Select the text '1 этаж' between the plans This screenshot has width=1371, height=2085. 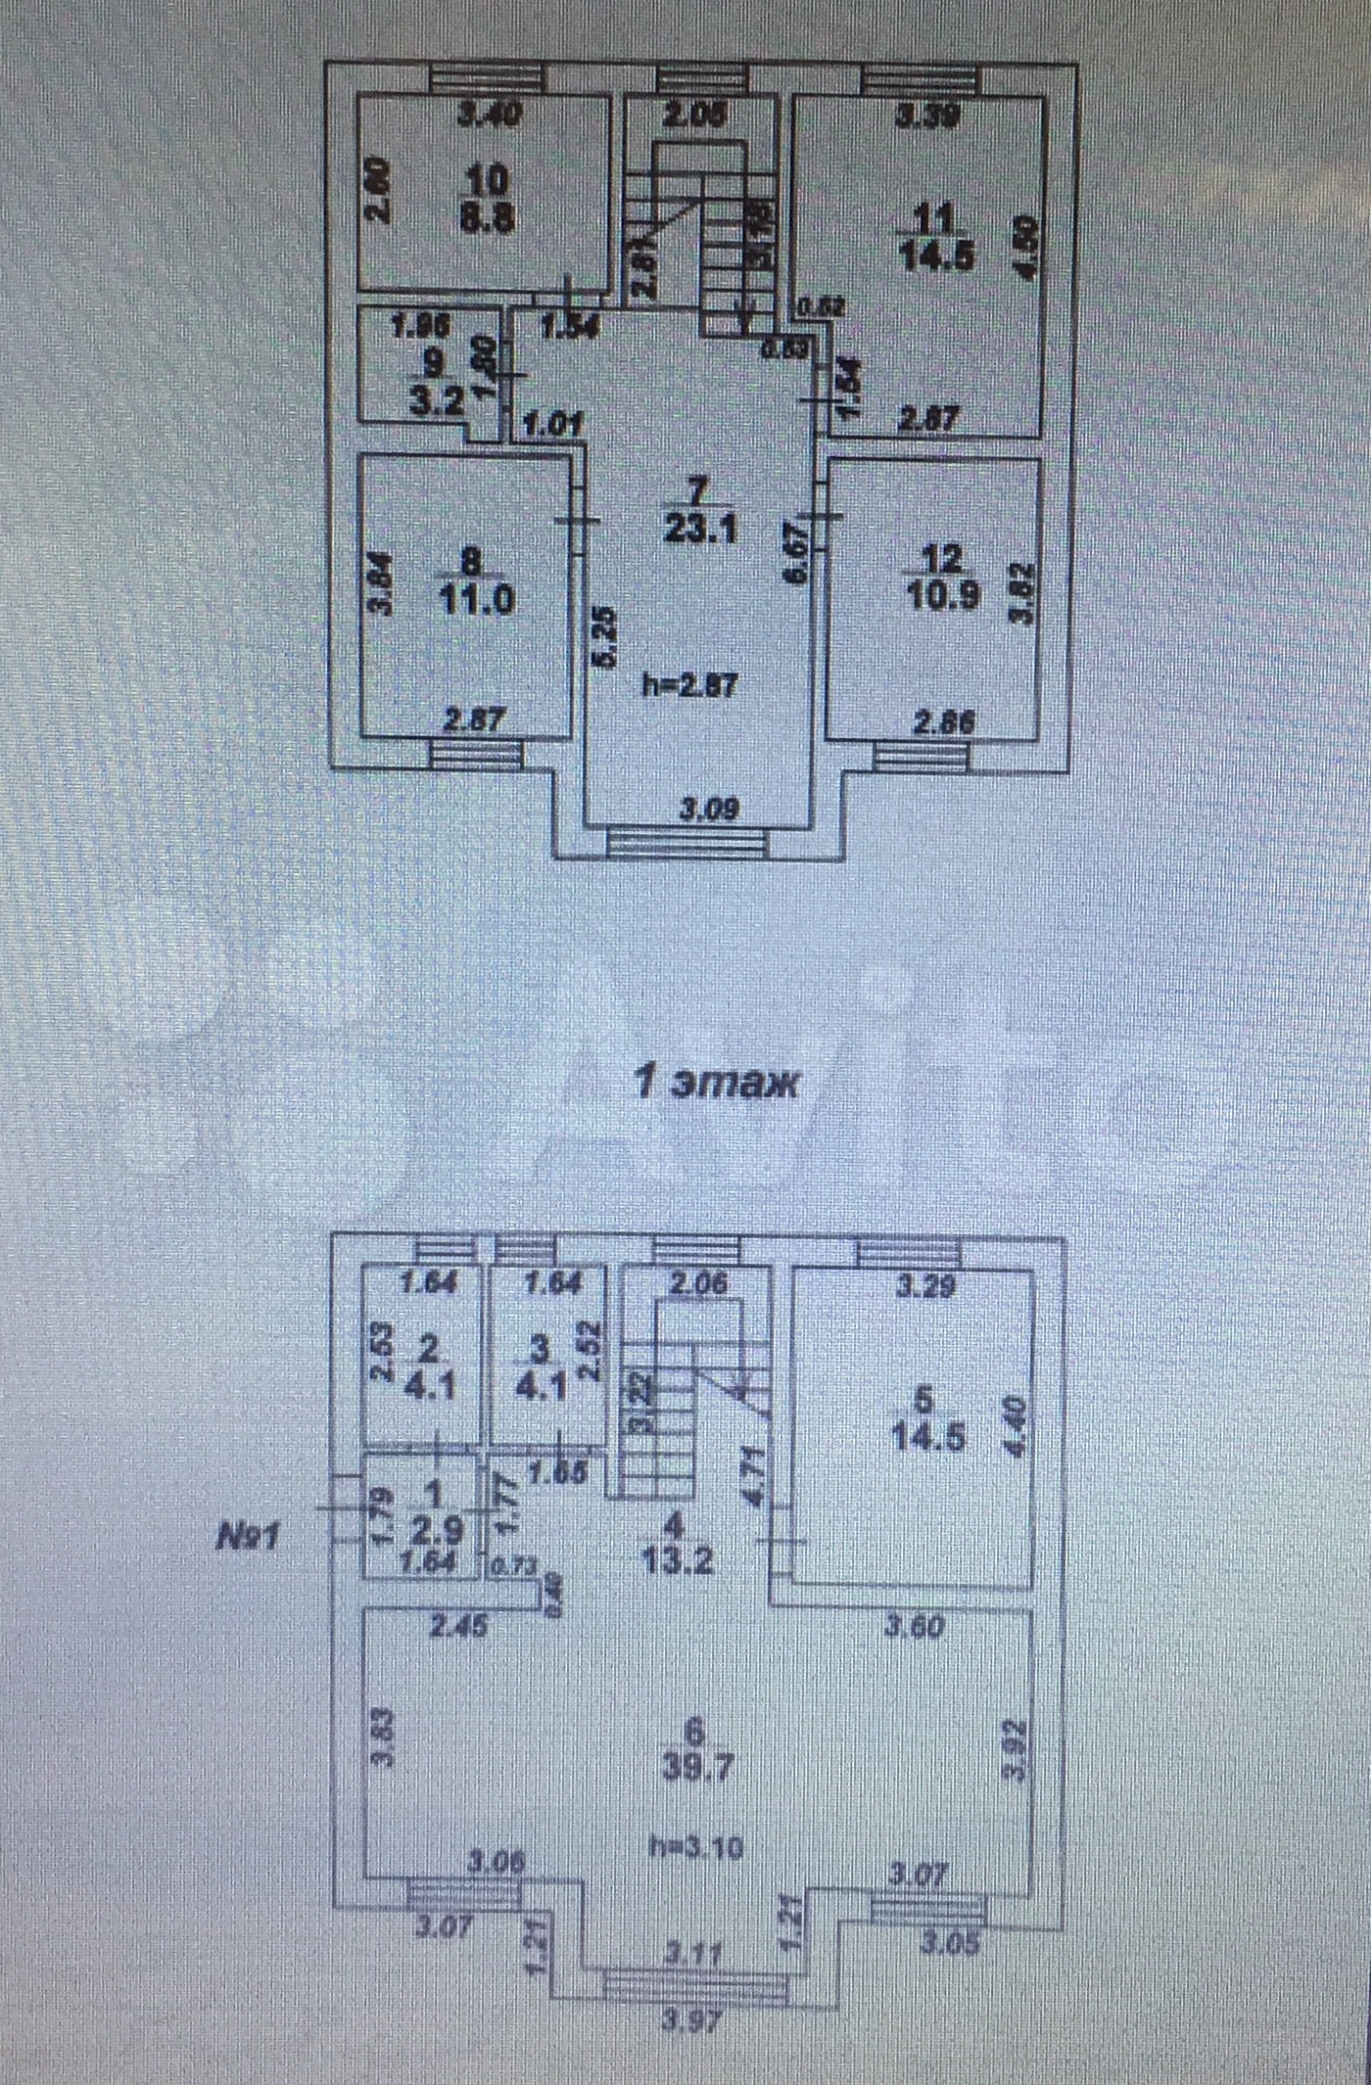click(716, 1084)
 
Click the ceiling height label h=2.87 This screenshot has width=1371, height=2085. click(689, 685)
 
